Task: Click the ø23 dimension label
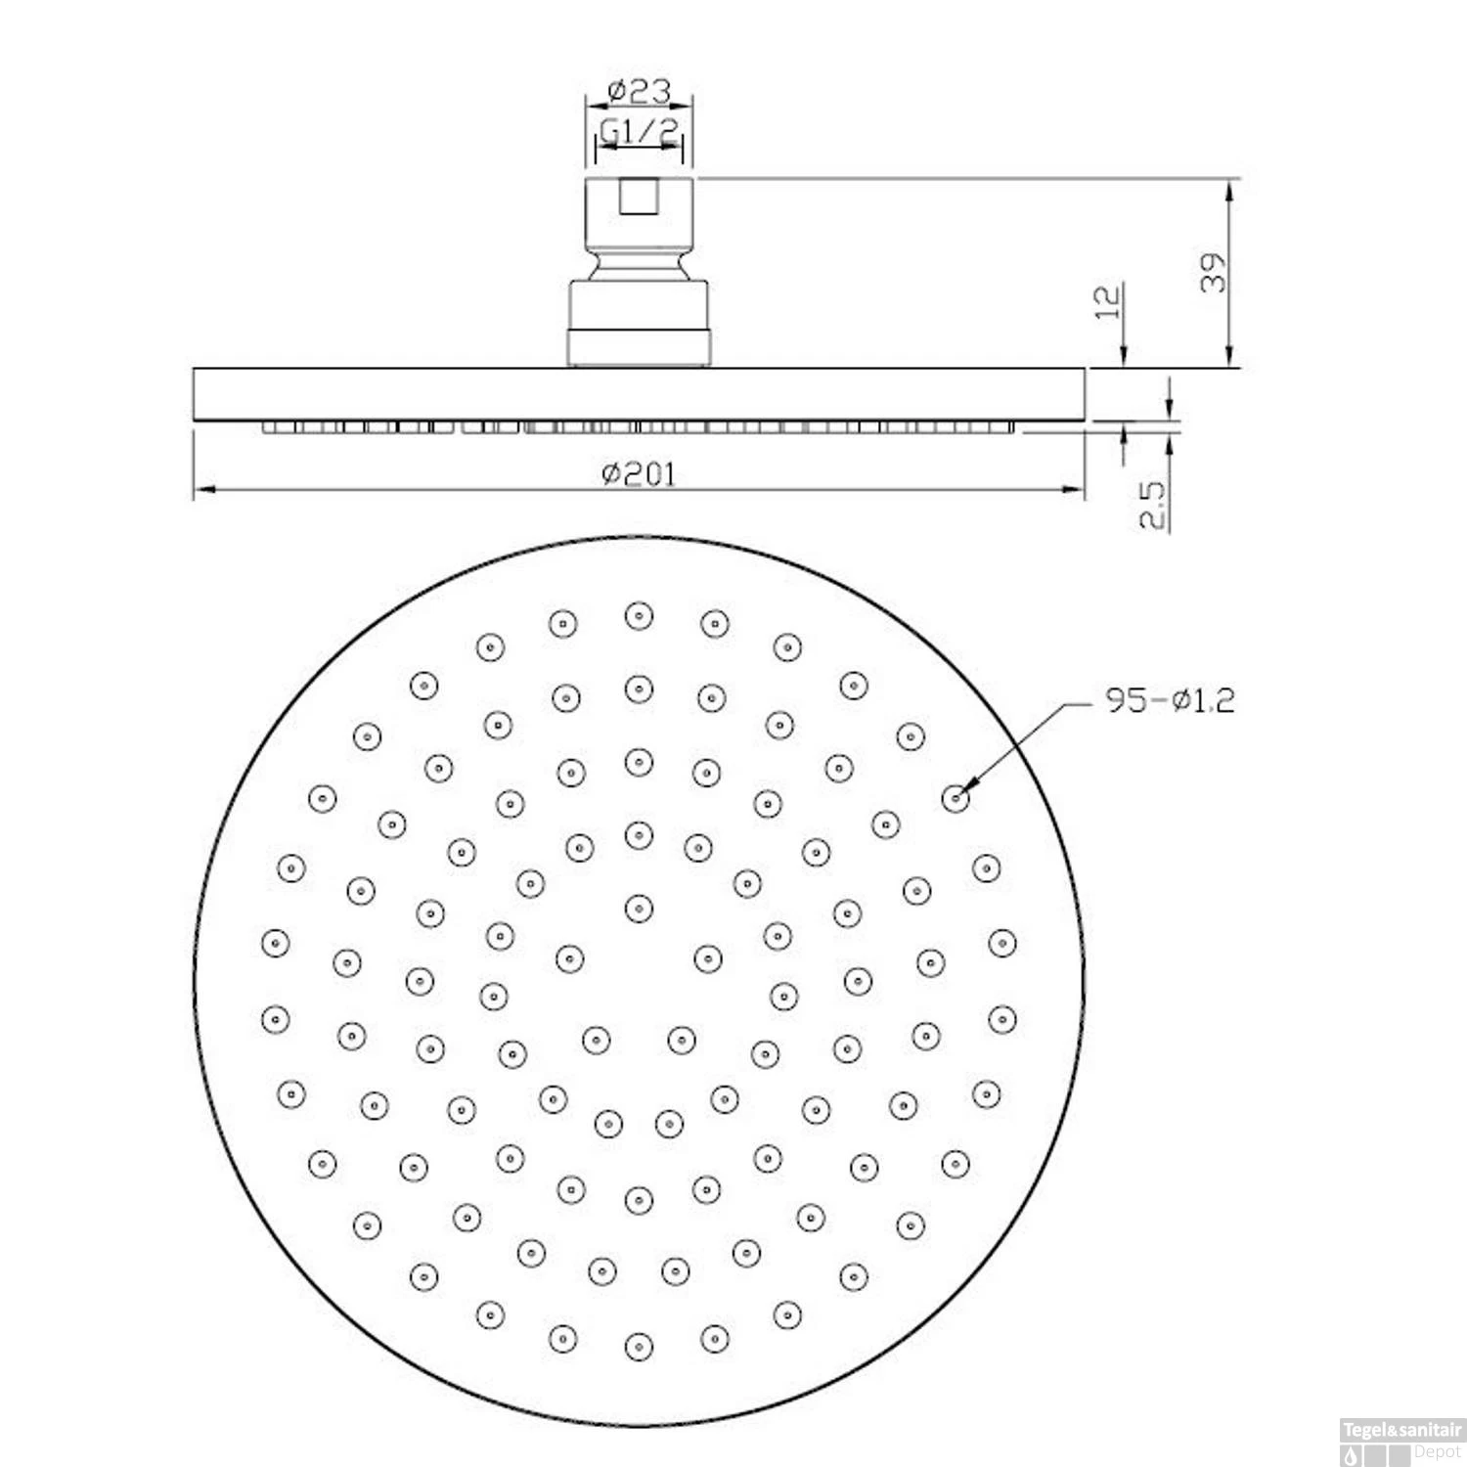(x=640, y=91)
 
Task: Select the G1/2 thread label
(x=640, y=130)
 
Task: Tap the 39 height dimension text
(x=1213, y=273)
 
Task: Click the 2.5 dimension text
(x=1154, y=504)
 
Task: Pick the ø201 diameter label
(x=640, y=474)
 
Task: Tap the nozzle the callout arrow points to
(x=956, y=798)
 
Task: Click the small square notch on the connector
(x=640, y=197)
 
